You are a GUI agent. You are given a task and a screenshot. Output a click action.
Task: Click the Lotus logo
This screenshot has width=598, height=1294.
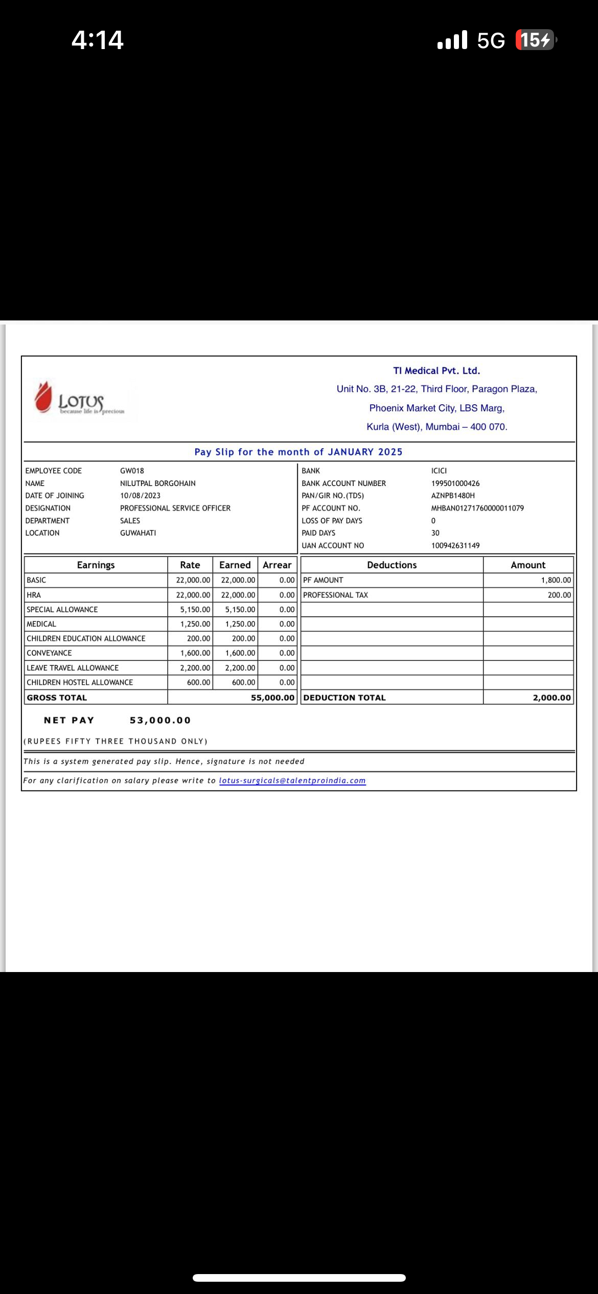click(x=80, y=399)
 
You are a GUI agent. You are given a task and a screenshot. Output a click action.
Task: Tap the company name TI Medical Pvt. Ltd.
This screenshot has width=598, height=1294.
click(x=436, y=371)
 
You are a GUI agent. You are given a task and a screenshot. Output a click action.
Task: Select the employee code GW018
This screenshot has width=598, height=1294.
click(x=132, y=471)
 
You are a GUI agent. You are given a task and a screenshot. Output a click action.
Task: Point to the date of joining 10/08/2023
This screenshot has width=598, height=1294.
click(x=140, y=496)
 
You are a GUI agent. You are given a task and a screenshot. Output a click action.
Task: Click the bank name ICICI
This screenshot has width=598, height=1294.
click(x=439, y=471)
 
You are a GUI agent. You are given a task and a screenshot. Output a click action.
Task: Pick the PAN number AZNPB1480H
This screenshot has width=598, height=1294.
click(x=453, y=496)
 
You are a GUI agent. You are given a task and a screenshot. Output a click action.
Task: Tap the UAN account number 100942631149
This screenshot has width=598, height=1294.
click(x=455, y=545)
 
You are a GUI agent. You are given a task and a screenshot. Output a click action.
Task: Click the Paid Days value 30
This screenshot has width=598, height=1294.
click(x=435, y=533)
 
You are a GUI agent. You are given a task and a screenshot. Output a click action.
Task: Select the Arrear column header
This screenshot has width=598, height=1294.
click(x=277, y=565)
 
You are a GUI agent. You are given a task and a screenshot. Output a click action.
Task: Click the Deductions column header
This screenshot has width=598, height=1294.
click(x=392, y=565)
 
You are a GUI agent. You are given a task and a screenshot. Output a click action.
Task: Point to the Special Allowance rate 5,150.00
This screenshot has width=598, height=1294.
click(x=195, y=610)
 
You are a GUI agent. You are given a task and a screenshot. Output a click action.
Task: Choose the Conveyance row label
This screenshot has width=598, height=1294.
click(x=49, y=653)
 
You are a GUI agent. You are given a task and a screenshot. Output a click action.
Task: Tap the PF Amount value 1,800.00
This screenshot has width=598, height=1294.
click(x=556, y=580)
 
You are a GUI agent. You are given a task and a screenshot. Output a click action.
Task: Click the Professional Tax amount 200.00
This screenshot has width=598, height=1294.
click(x=559, y=595)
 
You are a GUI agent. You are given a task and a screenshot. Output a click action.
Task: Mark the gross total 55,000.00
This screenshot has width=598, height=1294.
click(x=272, y=698)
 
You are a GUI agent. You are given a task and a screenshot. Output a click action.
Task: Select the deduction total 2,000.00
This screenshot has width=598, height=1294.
click(x=551, y=698)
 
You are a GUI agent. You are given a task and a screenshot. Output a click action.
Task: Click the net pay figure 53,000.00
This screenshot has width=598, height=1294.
click(x=160, y=720)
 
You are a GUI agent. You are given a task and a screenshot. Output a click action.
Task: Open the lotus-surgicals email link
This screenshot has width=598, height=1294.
click(x=292, y=780)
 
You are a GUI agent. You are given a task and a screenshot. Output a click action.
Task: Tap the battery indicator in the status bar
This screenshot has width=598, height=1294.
click(x=535, y=40)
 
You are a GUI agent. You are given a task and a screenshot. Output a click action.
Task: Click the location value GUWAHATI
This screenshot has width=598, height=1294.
click(x=138, y=533)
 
